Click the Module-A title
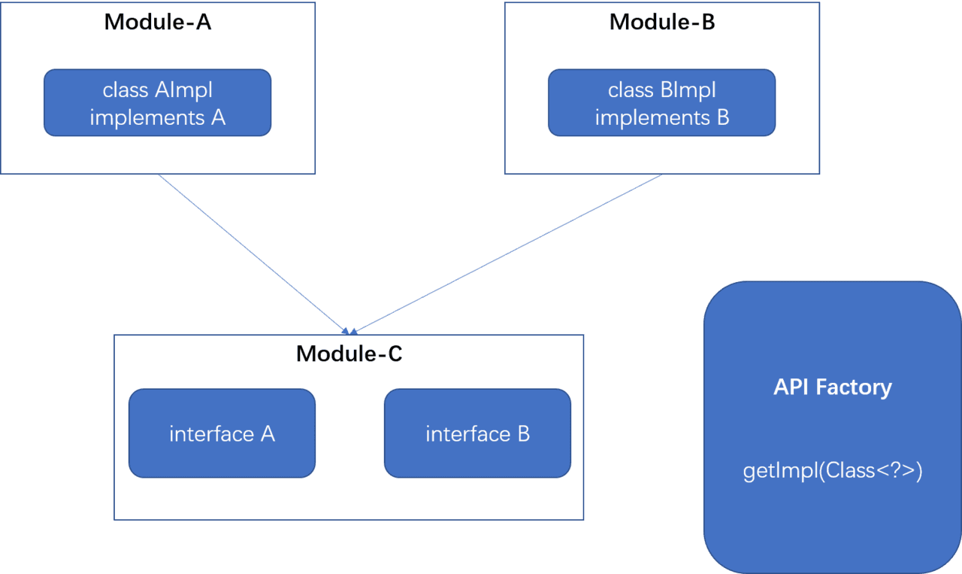pos(158,22)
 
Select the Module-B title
pos(662,22)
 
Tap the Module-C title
pos(349,353)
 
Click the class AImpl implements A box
pos(157,103)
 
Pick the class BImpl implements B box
pos(661,103)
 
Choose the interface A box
pos(222,433)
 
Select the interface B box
pos(477,433)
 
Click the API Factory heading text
pos(832,387)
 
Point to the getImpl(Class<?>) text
pos(832,471)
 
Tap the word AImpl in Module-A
pos(183,90)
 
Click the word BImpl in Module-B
pos(688,90)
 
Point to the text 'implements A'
pos(157,117)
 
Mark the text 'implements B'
pos(661,117)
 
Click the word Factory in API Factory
pos(854,387)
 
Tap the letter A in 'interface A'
pos(267,433)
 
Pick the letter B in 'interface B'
pos(522,433)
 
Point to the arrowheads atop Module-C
pos(349,330)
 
